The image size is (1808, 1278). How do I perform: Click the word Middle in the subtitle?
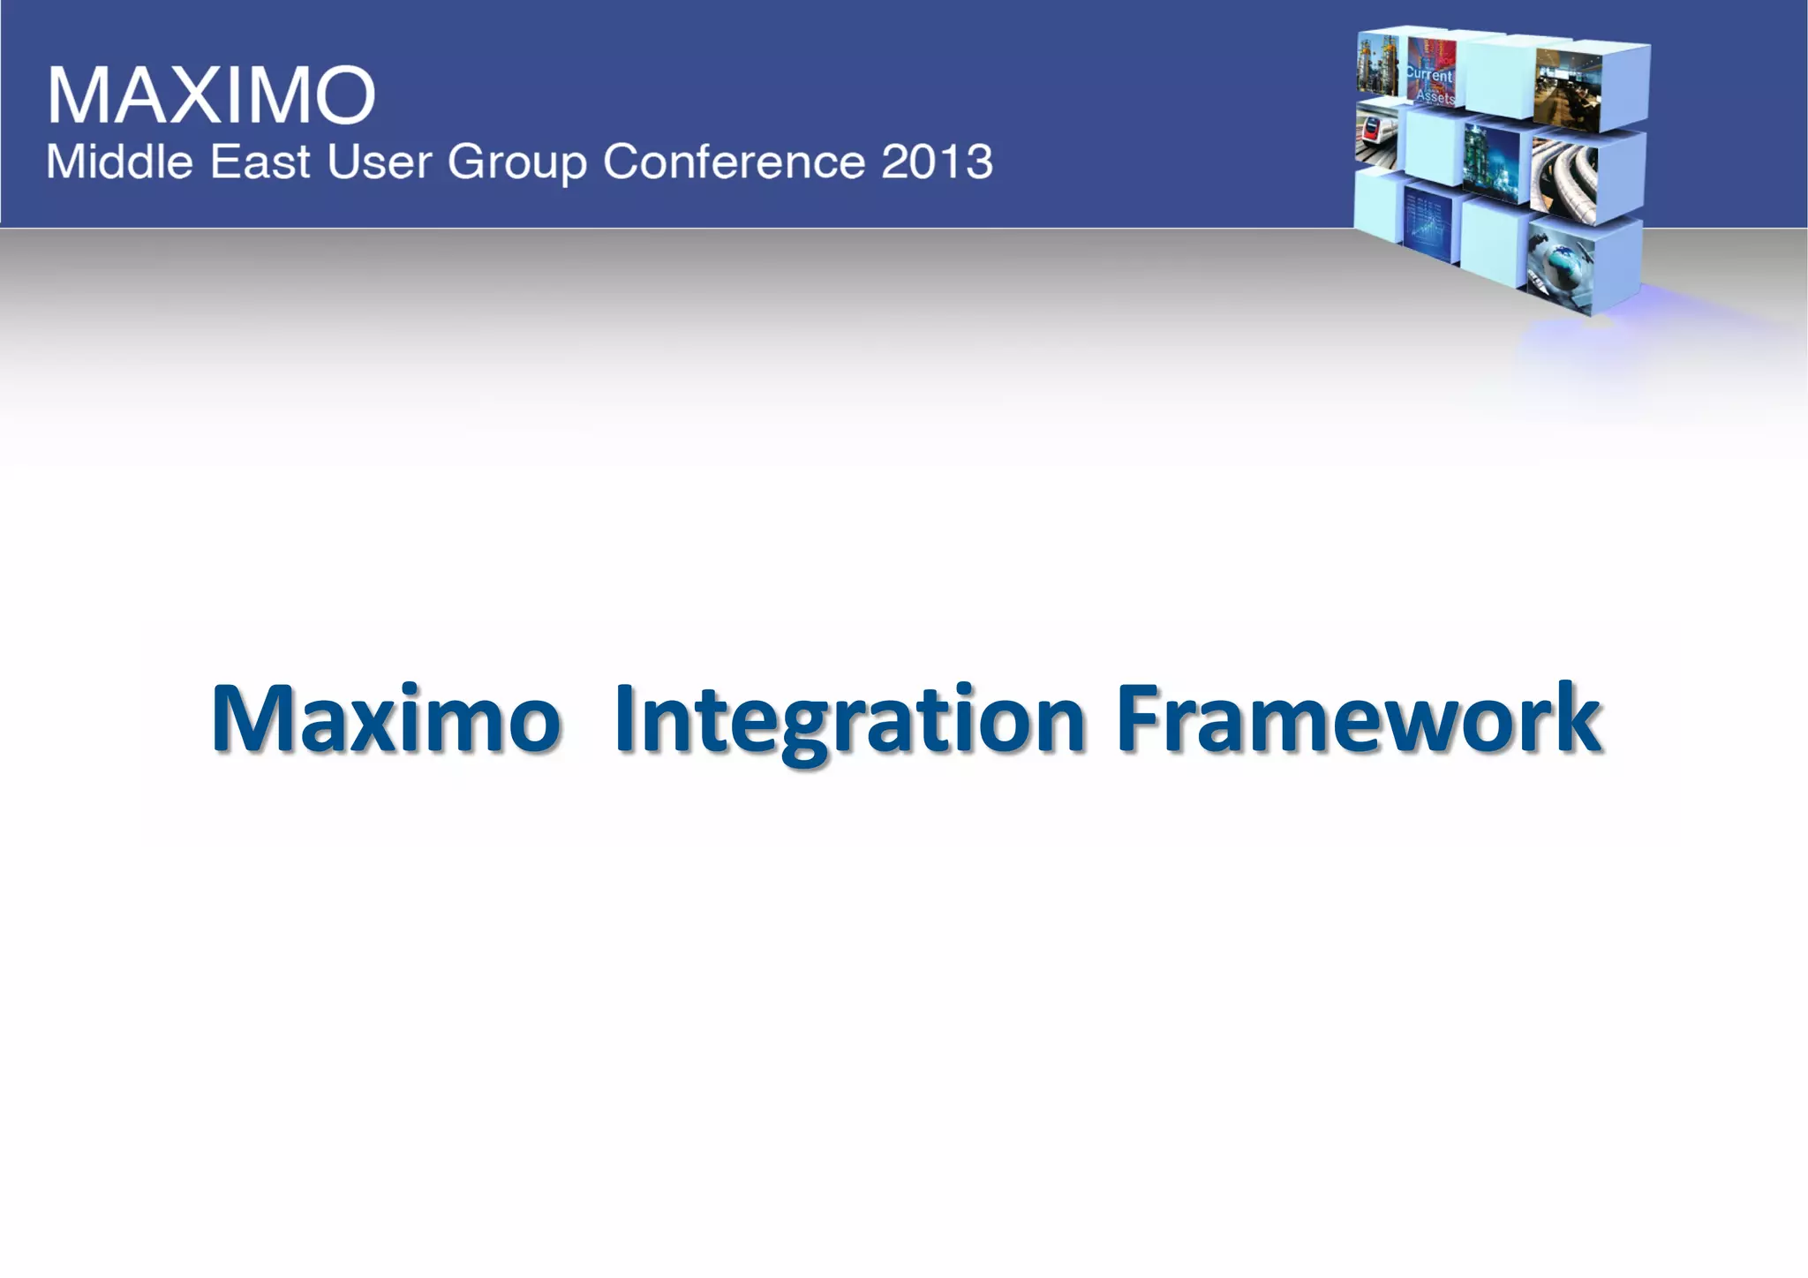119,162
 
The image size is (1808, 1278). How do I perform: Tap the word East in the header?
260,162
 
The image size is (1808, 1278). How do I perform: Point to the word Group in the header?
517,163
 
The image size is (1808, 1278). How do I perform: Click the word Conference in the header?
733,162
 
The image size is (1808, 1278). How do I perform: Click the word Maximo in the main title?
386,719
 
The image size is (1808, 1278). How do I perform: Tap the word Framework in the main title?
1359,719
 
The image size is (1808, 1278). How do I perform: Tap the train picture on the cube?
1377,137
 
